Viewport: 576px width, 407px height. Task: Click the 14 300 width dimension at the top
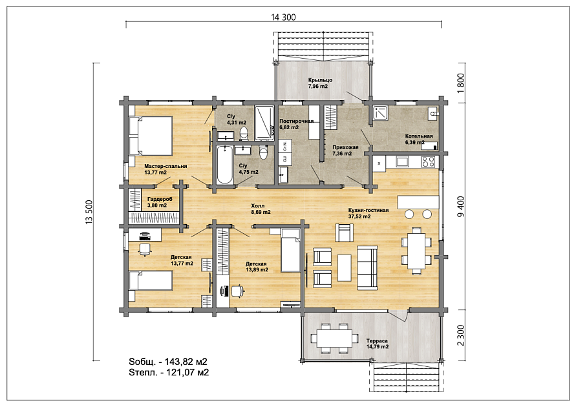pyautogui.click(x=283, y=17)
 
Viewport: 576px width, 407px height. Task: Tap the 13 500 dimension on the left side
pyautogui.click(x=89, y=212)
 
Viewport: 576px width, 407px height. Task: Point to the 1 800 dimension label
pyautogui.click(x=461, y=83)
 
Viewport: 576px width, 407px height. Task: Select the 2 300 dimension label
pyautogui.click(x=461, y=335)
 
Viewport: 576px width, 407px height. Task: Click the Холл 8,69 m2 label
pyautogui.click(x=261, y=209)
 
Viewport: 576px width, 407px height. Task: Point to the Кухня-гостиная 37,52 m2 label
pyautogui.click(x=368, y=213)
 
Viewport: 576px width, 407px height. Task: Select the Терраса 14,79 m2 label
pyautogui.click(x=378, y=344)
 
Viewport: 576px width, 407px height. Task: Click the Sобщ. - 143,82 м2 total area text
pyautogui.click(x=168, y=362)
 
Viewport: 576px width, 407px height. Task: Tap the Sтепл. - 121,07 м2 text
pyautogui.click(x=169, y=373)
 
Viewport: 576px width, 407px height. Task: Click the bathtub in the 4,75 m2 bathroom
pyautogui.click(x=224, y=165)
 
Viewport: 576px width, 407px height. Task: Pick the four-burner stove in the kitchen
pyautogui.click(x=428, y=162)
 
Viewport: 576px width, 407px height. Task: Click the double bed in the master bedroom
pyautogui.click(x=150, y=136)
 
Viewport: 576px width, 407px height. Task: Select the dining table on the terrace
pyautogui.click(x=334, y=338)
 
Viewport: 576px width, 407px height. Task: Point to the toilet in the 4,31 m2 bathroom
pyautogui.click(x=244, y=134)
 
